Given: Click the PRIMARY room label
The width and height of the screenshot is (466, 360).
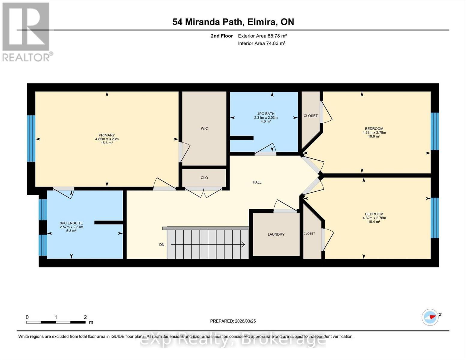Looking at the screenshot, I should click(107, 135).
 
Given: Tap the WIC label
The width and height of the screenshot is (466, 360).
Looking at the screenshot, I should click(204, 128).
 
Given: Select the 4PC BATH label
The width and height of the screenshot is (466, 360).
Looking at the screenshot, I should click(266, 114).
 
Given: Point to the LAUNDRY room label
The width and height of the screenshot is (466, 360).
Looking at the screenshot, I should click(276, 234).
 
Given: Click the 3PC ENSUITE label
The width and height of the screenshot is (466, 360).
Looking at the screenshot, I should click(71, 223).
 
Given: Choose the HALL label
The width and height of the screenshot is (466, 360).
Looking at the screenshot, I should click(257, 182).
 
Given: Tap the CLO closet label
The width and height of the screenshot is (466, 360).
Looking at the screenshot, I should click(204, 178).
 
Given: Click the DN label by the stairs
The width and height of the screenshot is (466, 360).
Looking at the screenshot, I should click(162, 244).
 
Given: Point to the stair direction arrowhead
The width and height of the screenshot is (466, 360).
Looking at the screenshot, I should click(243, 244).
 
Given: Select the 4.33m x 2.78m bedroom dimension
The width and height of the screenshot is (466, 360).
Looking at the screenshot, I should click(374, 132).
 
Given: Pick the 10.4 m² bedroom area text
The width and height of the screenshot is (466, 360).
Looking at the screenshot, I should click(374, 222).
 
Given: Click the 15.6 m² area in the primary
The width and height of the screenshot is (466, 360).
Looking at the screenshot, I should click(107, 143).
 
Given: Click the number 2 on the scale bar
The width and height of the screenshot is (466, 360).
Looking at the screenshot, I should click(85, 317).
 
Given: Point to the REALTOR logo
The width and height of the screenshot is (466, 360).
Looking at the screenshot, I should click(26, 31).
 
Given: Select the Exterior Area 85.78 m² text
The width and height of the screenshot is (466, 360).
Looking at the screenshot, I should click(263, 36).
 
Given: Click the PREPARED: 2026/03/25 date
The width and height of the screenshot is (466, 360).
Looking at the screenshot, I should click(233, 321).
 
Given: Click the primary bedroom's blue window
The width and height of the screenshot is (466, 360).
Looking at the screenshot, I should click(31, 139).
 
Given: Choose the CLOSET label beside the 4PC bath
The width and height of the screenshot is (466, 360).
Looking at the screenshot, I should click(311, 116).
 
